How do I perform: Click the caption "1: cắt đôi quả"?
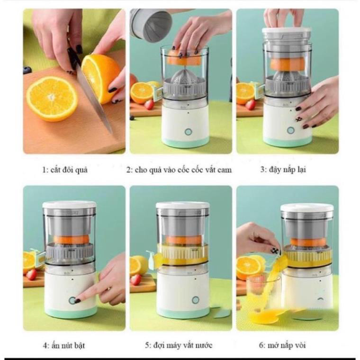65,170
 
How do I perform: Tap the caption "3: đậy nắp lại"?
283,170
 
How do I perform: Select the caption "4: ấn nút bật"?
64,345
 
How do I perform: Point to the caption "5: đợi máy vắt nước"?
179,345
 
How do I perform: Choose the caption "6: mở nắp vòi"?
282,345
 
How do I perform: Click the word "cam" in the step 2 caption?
224,170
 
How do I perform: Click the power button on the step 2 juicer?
188,132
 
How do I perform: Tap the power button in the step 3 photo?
291,130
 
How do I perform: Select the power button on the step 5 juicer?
195,300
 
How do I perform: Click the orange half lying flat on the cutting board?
52,99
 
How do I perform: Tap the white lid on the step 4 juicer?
69,205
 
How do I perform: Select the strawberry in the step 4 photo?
31,275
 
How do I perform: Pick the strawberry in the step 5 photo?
135,279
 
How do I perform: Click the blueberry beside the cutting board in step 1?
27,70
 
